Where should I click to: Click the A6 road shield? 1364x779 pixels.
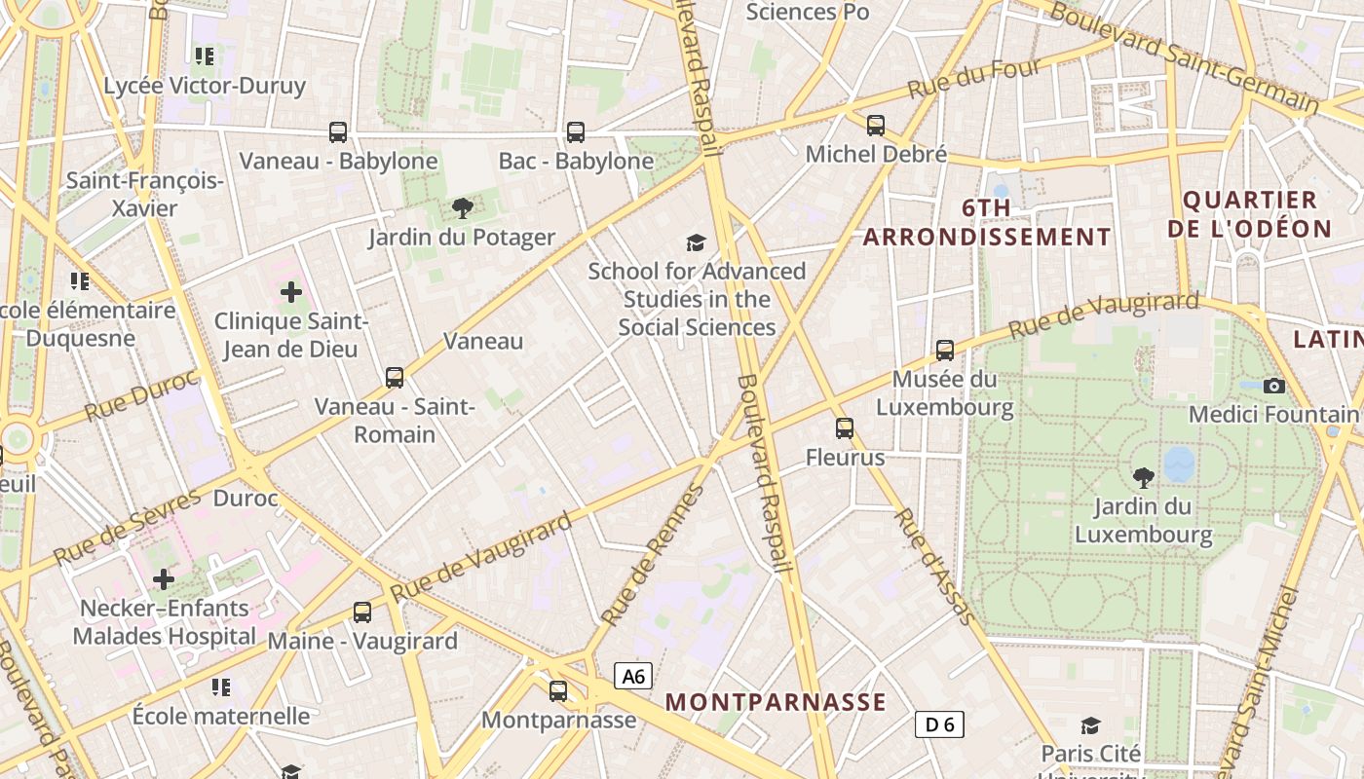[x=633, y=676]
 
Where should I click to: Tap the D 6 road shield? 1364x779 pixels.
[x=940, y=724]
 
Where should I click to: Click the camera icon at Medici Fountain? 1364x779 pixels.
[x=1273, y=386]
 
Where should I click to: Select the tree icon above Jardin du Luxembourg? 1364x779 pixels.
[x=1143, y=477]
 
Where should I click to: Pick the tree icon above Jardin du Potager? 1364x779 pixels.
[x=462, y=207]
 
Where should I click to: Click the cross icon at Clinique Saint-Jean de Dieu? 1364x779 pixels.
[x=290, y=291]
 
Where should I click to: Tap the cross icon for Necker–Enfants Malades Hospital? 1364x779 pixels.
[x=164, y=579]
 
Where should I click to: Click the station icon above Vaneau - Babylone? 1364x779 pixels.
[x=338, y=131]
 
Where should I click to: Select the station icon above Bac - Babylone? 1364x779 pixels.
[x=576, y=131]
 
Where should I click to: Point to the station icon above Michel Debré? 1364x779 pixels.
[x=876, y=125]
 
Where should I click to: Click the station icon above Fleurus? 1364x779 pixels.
[x=845, y=427]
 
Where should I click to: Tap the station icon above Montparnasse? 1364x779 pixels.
[x=558, y=690]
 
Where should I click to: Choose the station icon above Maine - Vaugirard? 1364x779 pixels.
[x=362, y=612]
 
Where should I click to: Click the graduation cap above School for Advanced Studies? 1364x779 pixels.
[x=696, y=242]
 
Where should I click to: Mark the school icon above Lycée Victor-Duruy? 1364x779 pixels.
[x=204, y=56]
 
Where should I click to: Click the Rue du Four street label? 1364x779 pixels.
[x=973, y=78]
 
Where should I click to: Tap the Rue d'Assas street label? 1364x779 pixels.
[x=933, y=566]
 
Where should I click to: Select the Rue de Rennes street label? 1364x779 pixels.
[x=652, y=555]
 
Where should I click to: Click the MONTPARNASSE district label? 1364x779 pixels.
[x=776, y=702]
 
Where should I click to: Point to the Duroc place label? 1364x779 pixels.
[x=246, y=499]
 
